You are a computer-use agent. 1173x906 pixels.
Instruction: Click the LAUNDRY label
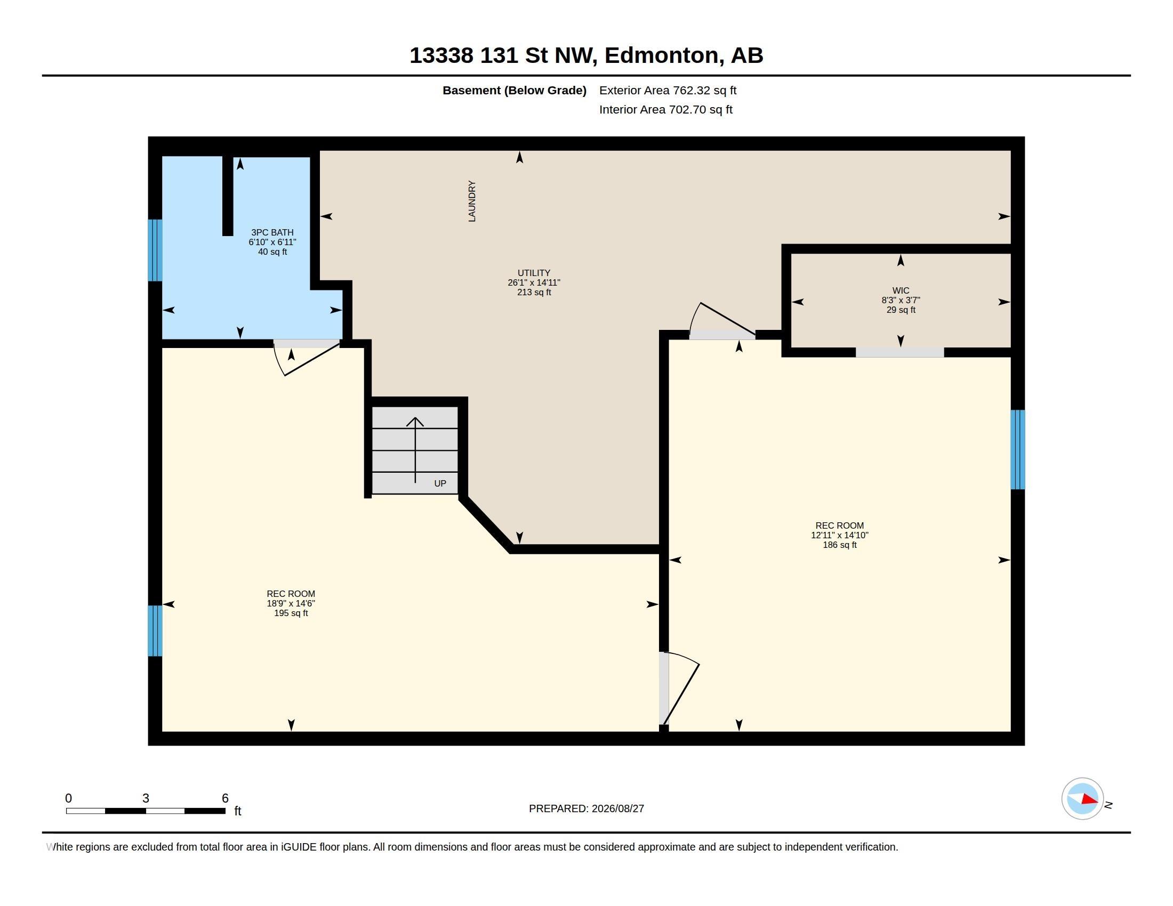click(x=471, y=201)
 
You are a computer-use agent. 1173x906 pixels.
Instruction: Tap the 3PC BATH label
click(x=272, y=232)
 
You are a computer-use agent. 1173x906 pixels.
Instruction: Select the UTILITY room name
click(x=534, y=273)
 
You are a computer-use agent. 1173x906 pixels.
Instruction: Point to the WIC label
click(x=901, y=290)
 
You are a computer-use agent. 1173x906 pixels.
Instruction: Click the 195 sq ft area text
click(x=291, y=613)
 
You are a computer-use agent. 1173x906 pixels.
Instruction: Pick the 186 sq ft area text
click(x=839, y=545)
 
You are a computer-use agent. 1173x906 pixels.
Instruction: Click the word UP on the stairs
click(x=440, y=483)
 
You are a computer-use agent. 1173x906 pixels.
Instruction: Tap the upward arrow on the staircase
click(x=415, y=450)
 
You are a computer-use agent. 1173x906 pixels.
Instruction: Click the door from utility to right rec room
click(x=722, y=320)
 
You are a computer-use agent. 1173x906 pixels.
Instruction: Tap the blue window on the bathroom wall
click(x=155, y=250)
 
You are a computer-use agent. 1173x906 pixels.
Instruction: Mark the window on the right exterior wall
click(x=1018, y=450)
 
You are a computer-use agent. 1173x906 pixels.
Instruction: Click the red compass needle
click(x=1089, y=799)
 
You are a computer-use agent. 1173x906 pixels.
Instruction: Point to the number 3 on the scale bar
click(x=146, y=798)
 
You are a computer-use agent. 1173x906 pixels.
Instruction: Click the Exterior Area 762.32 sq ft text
click(x=668, y=90)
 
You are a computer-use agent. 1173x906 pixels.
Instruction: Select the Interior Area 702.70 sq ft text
click(x=665, y=109)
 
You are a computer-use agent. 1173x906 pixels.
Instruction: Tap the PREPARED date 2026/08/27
click(x=617, y=808)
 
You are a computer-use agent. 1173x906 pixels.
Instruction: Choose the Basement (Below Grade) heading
click(x=514, y=90)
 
